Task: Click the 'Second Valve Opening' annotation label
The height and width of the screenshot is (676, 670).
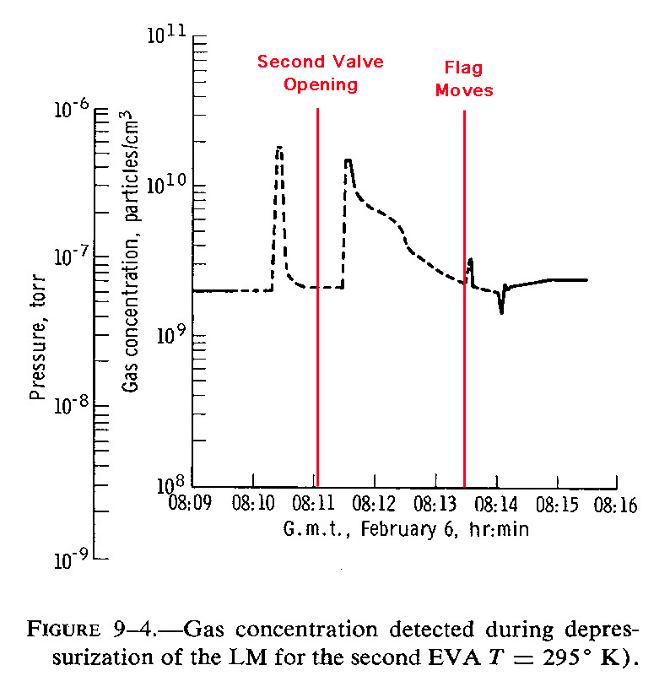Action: [320, 73]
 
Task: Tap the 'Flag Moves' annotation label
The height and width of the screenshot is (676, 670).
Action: [464, 78]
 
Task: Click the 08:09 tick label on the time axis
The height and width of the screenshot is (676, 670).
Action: [193, 506]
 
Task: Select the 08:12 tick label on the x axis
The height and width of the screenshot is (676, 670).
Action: [374, 506]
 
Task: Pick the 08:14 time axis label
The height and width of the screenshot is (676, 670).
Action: [494, 506]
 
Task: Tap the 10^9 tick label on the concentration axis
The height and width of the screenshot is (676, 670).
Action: [169, 336]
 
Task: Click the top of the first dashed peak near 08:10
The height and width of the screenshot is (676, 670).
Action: [279, 148]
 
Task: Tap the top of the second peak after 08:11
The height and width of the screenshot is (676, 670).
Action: [348, 160]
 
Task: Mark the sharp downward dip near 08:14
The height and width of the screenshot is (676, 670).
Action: [501, 312]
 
